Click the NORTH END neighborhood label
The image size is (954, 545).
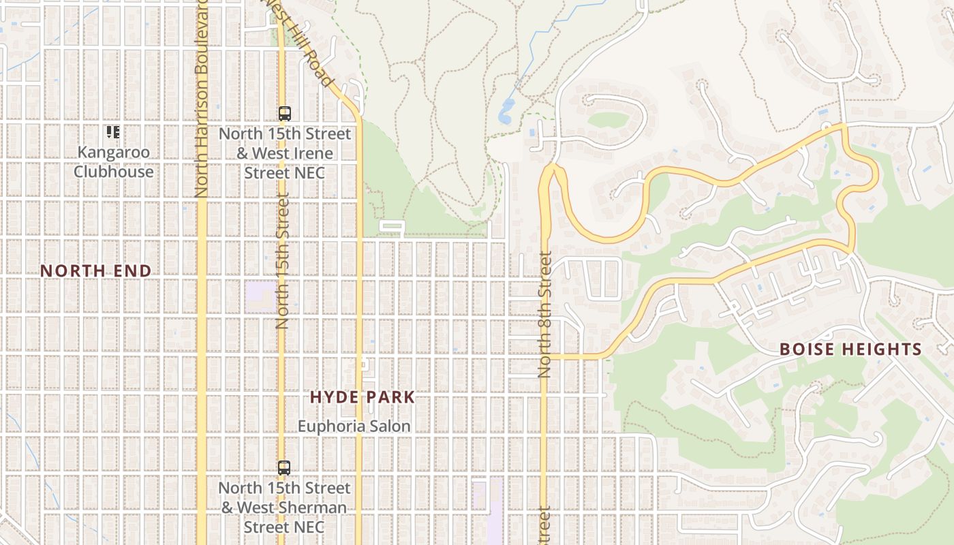(95, 270)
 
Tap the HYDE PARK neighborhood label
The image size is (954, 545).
(363, 397)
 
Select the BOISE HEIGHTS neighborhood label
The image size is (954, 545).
(850, 349)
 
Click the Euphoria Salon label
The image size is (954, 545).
(354, 426)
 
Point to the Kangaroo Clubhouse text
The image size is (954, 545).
(114, 161)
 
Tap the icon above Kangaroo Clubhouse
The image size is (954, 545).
(112, 131)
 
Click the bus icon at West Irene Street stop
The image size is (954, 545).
(285, 114)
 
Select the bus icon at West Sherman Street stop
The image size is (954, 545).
(284, 468)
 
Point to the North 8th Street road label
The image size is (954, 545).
(544, 315)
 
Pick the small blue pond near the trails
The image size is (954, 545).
(506, 111)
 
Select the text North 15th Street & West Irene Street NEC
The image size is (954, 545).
(285, 153)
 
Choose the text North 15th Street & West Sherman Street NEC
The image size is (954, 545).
(284, 508)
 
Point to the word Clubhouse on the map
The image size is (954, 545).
(114, 171)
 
